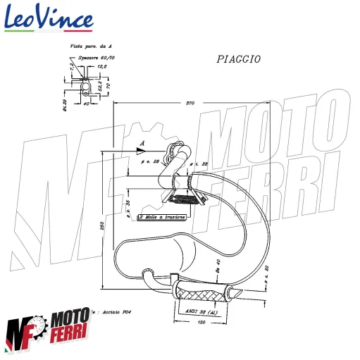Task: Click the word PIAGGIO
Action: (238, 60)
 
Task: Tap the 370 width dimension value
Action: (189, 104)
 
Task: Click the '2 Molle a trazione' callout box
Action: (163, 217)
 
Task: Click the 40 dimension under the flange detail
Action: (87, 104)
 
